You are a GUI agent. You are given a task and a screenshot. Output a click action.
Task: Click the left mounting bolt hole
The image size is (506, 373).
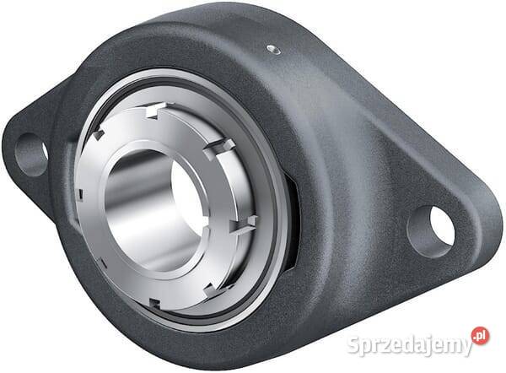(x=31, y=154)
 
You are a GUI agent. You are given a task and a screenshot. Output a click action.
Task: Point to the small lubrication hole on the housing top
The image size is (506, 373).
(x=273, y=50)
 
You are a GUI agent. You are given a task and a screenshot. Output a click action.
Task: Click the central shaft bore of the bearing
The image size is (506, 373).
(x=156, y=210)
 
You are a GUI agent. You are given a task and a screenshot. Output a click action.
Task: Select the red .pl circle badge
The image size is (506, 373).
(x=480, y=336)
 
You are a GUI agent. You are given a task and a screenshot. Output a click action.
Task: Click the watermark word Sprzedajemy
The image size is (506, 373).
(x=410, y=345)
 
